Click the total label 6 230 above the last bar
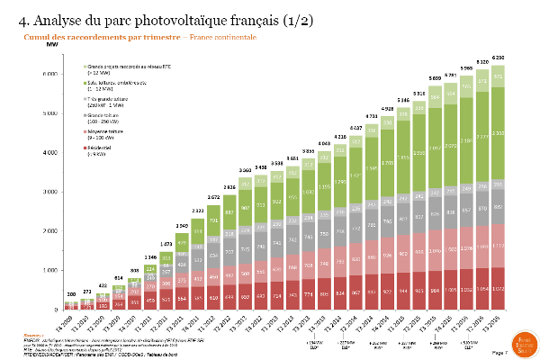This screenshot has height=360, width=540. click(498, 57)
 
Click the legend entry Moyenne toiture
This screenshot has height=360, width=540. click(104, 131)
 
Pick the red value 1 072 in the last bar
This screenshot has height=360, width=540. click(498, 289)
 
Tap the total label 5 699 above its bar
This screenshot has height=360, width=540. click(436, 78)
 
